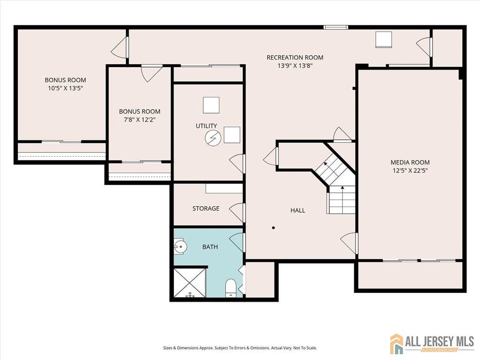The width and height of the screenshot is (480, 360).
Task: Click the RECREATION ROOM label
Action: [x=295, y=58]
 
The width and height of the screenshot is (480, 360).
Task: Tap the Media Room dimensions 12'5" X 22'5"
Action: [x=410, y=171]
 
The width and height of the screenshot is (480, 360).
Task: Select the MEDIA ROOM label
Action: [x=410, y=162]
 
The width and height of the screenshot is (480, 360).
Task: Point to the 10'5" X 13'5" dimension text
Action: [x=65, y=88]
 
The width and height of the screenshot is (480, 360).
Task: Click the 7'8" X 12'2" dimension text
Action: [x=139, y=120]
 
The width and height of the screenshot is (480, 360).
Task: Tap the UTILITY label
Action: [x=206, y=126]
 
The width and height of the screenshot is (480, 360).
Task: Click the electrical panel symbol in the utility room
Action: [x=213, y=138]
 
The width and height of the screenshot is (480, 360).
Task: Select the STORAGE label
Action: [x=205, y=208]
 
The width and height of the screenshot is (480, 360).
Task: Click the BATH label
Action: [x=210, y=247]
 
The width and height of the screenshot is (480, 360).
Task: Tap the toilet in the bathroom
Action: [x=231, y=288]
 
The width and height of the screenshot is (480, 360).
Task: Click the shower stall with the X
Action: [x=190, y=283]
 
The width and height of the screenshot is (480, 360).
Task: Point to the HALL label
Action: [x=298, y=210]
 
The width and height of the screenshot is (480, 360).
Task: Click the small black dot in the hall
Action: [x=273, y=228]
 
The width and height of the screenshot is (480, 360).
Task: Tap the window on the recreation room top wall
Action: [x=336, y=27]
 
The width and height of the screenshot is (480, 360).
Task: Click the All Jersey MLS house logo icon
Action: [x=397, y=344]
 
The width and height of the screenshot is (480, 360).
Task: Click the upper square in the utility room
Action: [x=211, y=105]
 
